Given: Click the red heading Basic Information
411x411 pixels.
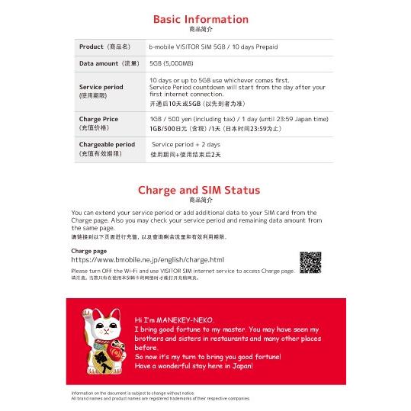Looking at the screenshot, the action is coord(201,19).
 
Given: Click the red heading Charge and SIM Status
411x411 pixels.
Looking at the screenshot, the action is coord(198,190).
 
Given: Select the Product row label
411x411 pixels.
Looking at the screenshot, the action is coord(106,47).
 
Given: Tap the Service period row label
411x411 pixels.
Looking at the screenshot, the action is coord(101,86).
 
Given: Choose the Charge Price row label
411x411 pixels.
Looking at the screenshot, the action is coord(98,119).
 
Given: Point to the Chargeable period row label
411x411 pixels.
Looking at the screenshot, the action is coord(107,143).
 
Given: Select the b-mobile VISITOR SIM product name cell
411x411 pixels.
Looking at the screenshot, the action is coord(214,47).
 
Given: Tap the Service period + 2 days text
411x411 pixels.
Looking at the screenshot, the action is coord(175,143).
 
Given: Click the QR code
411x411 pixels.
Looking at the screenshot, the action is coord(310,262).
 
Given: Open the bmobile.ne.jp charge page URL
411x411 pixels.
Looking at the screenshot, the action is coord(147,260).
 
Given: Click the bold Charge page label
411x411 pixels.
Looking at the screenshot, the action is coord(88,250).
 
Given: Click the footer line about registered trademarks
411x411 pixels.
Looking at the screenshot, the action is coord(160,398).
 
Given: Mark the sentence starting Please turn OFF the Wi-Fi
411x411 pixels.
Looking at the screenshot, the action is coord(182,271).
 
